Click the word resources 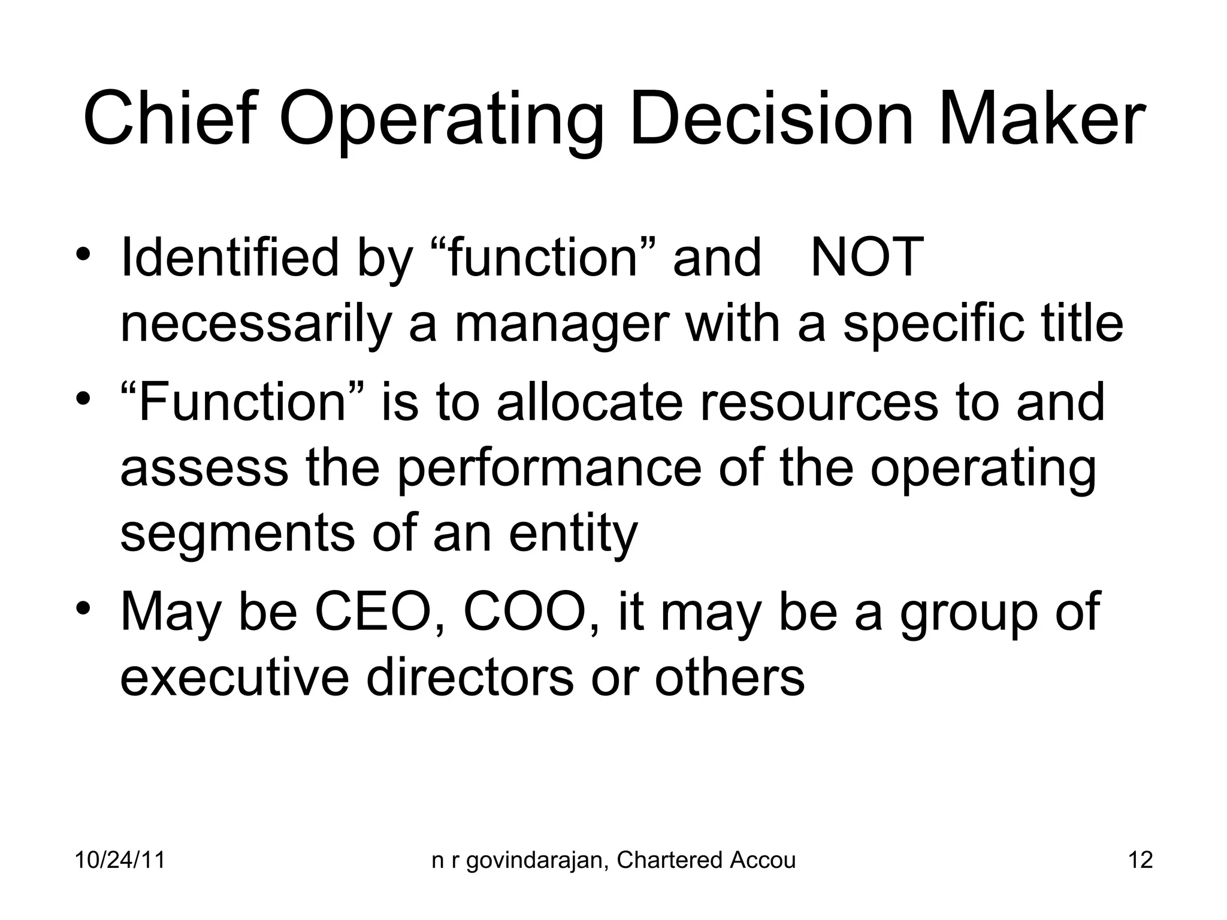click(x=818, y=403)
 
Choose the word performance click(x=549, y=469)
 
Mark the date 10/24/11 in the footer click(x=120, y=860)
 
